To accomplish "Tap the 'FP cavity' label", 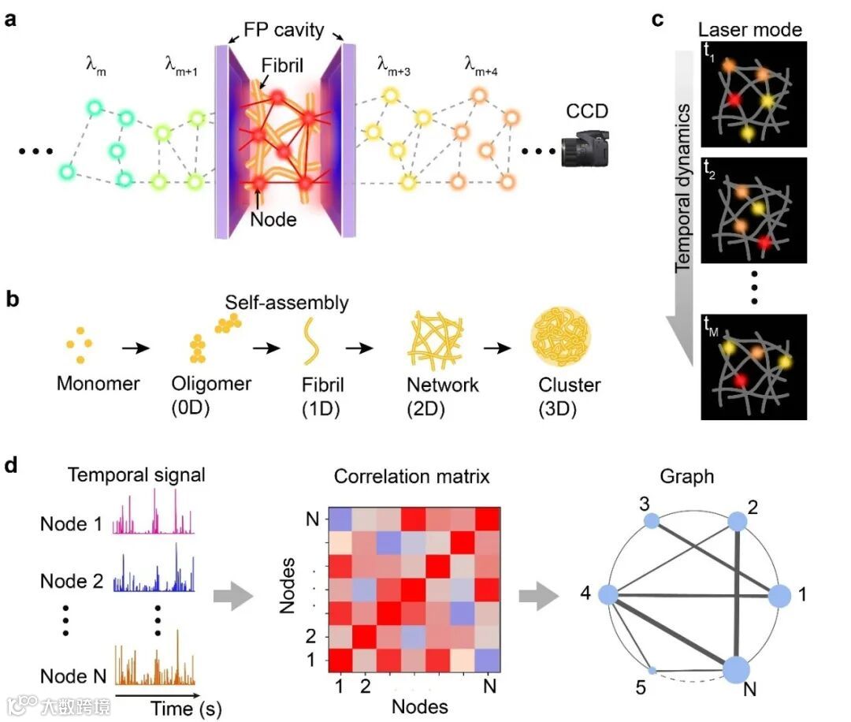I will click(283, 31).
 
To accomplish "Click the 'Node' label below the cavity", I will click(273, 219).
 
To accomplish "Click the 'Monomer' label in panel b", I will click(98, 385).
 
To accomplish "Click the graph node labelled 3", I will click(651, 521).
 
